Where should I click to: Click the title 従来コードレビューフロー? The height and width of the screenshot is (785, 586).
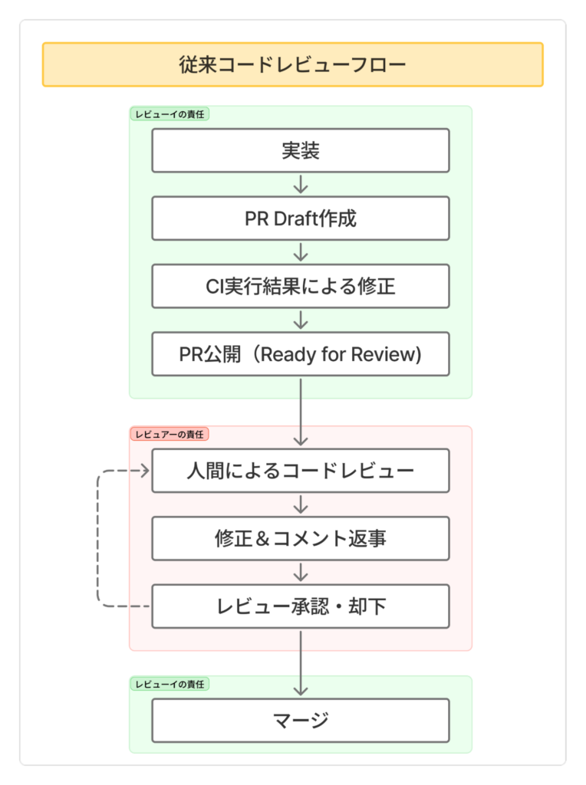(292, 64)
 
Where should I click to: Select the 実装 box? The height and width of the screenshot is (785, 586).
(300, 150)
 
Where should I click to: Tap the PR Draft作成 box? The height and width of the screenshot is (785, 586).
(300, 218)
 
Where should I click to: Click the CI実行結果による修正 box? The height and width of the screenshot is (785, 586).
(300, 286)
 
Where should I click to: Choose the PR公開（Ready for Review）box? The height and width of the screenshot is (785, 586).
(300, 354)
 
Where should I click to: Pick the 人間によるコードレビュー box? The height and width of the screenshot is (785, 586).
(300, 470)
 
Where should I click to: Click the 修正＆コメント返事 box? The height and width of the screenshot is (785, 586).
(300, 538)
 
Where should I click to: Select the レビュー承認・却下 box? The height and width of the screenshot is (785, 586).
(300, 606)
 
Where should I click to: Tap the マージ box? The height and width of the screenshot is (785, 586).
(300, 720)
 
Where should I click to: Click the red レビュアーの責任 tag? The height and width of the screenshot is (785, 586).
(170, 434)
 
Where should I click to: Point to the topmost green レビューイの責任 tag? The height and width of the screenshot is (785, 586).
(170, 113)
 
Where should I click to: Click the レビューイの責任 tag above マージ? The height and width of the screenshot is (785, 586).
(170, 683)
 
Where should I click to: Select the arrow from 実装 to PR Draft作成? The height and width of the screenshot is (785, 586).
(301, 184)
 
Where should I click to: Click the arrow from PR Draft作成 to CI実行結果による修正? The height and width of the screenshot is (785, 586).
(301, 252)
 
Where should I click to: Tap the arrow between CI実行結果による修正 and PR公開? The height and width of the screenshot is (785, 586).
(301, 320)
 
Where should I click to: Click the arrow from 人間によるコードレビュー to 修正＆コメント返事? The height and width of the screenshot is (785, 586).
(301, 504)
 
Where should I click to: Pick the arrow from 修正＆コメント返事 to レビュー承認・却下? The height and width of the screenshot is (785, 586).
(301, 572)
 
